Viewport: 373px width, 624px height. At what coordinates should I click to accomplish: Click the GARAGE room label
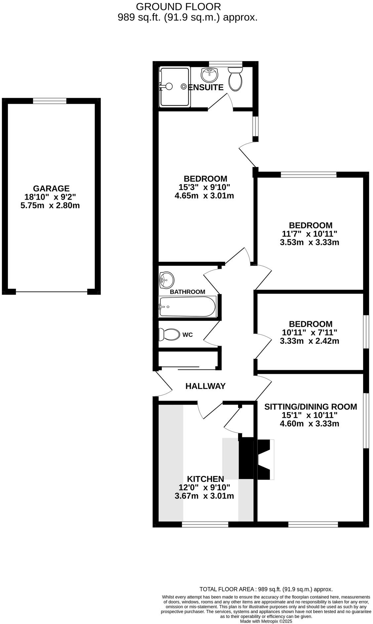coord(51,188)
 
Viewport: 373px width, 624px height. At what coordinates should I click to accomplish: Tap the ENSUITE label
coord(206,88)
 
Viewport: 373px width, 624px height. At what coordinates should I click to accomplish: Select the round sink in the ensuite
coord(210,75)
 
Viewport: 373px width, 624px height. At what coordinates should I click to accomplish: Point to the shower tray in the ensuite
coord(175,87)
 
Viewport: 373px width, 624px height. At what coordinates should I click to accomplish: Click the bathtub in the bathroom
coord(187,306)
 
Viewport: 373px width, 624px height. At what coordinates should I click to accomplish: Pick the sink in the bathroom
coord(166,280)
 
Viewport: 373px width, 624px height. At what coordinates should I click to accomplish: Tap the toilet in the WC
coord(169,334)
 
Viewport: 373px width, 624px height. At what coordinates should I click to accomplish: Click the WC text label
coord(187,335)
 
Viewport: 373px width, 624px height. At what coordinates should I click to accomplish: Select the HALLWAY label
coord(205,386)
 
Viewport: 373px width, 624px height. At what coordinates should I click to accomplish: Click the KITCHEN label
coord(205,479)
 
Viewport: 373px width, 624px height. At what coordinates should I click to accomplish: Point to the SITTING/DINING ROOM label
coord(311,407)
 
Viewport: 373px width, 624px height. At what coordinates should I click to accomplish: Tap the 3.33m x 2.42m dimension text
coord(309,341)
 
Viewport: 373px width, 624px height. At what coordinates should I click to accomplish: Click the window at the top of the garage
coord(50,101)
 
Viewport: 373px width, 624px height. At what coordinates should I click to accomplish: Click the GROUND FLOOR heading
coord(178,7)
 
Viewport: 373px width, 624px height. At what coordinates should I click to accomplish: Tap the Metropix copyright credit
coord(266,621)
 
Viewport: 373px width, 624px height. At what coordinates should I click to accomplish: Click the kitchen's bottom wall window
coord(205,524)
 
